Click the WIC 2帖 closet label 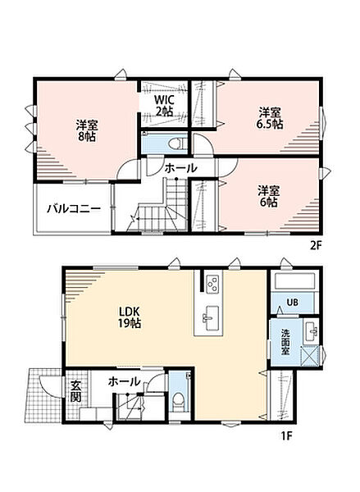tap(164, 105)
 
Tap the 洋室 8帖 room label tap(87, 130)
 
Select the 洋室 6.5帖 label tap(270, 118)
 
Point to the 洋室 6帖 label tap(268, 197)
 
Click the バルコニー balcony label tap(74, 208)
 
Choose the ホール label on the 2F tap(181, 168)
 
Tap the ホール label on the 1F tap(124, 382)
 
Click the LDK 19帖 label tap(130, 317)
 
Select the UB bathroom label tap(292, 303)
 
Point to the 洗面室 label tap(285, 342)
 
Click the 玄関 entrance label tap(75, 391)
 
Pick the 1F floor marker tap(286, 436)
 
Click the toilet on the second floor tap(175, 143)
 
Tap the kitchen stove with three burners tap(212, 284)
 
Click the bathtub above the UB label tap(294, 281)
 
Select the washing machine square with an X tap(310, 355)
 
